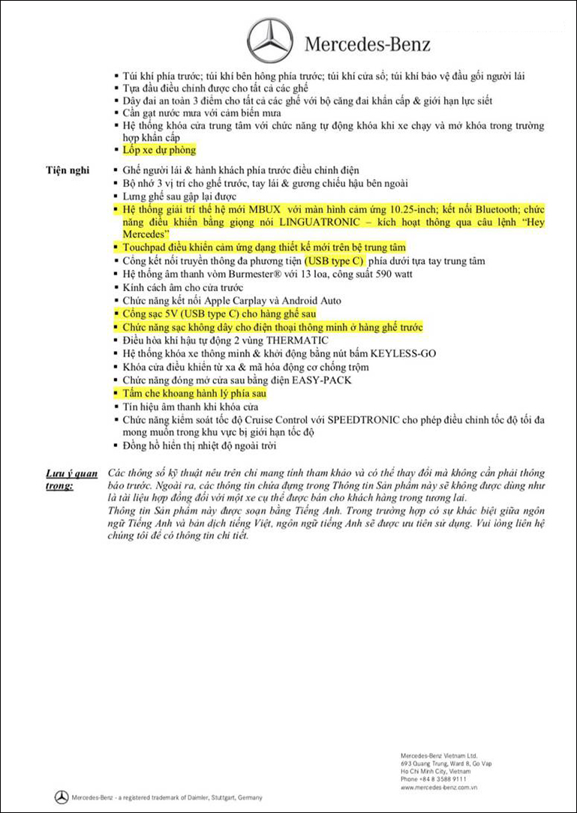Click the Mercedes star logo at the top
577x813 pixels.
coord(270,40)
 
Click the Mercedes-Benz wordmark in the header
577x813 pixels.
coord(368,43)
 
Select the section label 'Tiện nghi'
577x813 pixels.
coord(67,170)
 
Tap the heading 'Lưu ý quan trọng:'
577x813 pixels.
coord(71,479)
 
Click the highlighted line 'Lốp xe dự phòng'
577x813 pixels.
coord(159,150)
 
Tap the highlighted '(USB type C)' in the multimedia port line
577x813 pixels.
coord(334,261)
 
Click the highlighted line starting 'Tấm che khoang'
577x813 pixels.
coord(194,393)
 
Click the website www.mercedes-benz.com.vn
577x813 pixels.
coord(439,787)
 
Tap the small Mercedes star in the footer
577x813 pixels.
coord(62,797)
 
